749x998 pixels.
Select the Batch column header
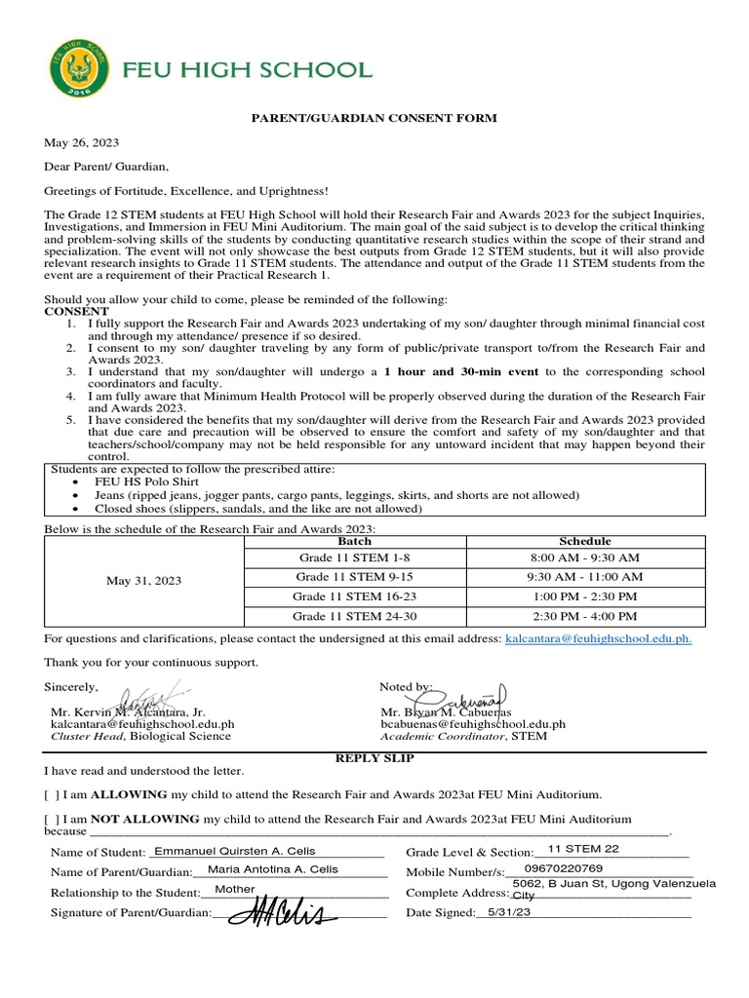point(354,541)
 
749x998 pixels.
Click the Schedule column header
point(585,541)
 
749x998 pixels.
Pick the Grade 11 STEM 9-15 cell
point(354,577)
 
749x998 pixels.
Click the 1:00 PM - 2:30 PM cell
point(585,596)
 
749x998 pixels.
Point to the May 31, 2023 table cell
point(143,580)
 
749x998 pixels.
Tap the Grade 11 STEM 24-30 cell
point(354,616)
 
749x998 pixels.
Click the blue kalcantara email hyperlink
point(598,638)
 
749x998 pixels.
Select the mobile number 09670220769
point(564,868)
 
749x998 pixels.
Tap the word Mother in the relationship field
point(235,889)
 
